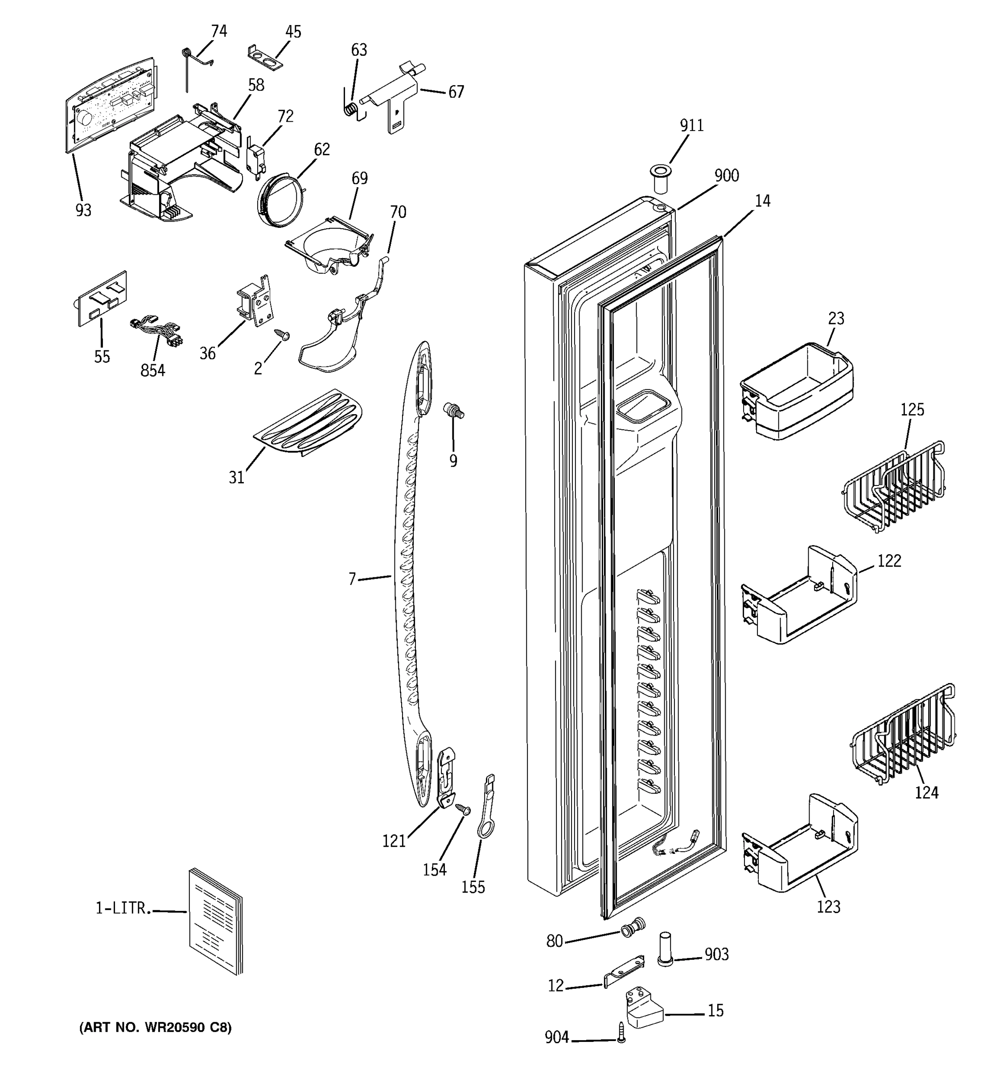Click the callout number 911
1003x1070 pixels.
(691, 125)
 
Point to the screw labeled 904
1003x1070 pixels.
(621, 1032)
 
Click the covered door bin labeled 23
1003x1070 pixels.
(796, 391)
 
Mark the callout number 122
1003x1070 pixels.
(889, 561)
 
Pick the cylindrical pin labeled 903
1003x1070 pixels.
(665, 951)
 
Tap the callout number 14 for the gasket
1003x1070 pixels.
(762, 201)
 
